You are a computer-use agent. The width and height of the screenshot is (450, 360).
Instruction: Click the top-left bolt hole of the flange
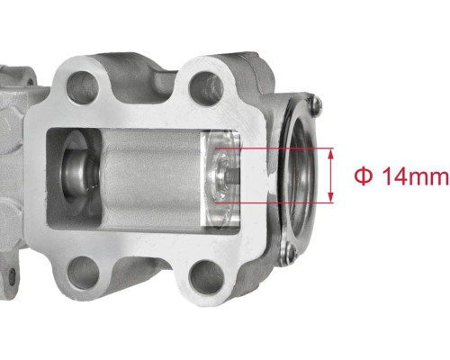click(x=83, y=87)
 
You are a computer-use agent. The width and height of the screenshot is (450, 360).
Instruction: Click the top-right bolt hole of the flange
click(x=206, y=88)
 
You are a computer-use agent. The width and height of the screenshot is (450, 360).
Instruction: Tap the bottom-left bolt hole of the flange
click(x=83, y=273)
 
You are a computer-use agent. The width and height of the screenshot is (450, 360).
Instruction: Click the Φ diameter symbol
click(x=364, y=176)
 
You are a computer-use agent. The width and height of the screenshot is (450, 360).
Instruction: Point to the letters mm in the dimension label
click(x=428, y=179)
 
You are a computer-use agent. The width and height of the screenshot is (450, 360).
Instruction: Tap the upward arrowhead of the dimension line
click(x=330, y=155)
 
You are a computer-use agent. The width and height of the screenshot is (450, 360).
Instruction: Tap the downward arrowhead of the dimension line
click(x=330, y=196)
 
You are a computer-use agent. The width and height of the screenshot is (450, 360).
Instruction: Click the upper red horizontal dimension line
click(x=274, y=148)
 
